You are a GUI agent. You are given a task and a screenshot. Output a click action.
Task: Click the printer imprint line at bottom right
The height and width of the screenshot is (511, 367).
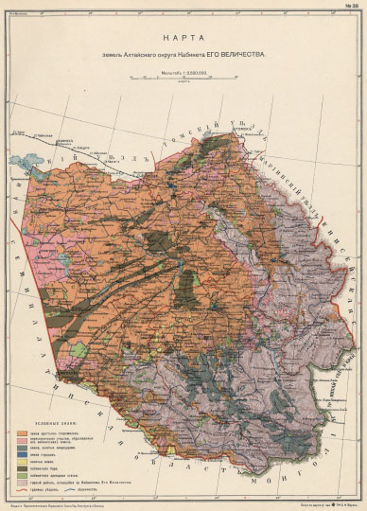click(x=303, y=503)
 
